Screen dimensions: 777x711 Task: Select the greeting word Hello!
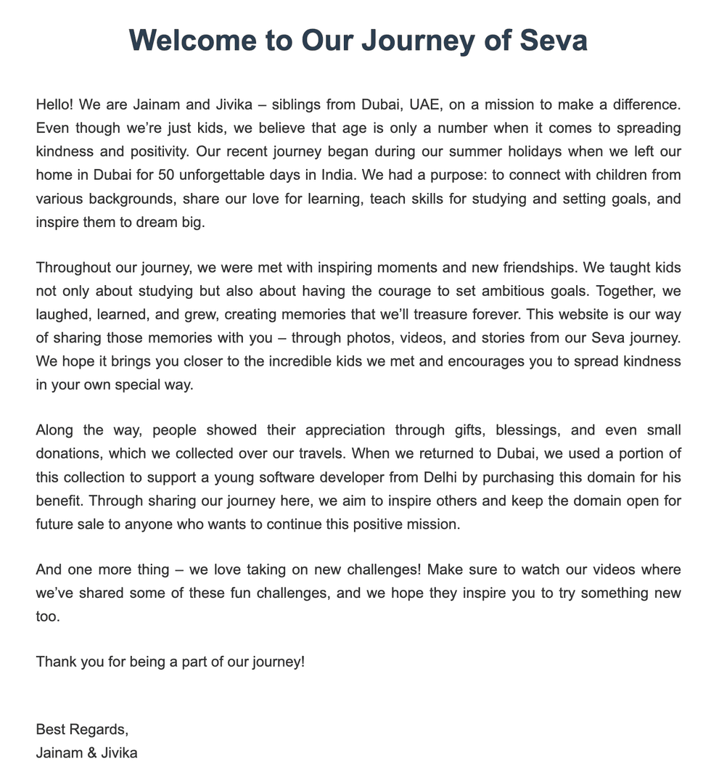[x=54, y=104]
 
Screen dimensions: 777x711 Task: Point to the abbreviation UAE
[x=424, y=104]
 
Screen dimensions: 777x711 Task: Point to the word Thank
[x=56, y=662]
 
